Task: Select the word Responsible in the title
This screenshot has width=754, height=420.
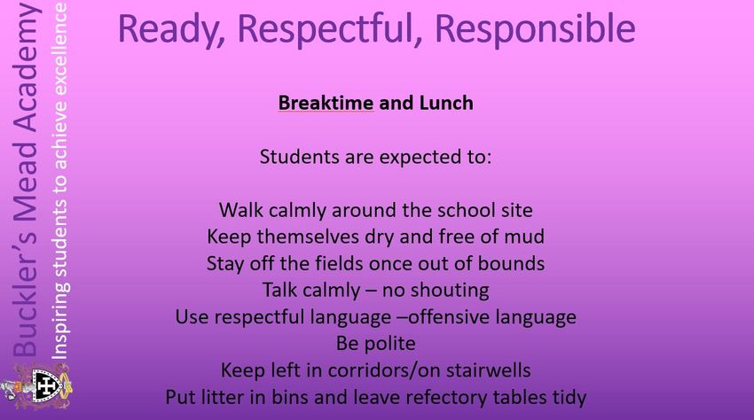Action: [x=535, y=30]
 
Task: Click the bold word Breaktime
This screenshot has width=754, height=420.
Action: [x=326, y=103]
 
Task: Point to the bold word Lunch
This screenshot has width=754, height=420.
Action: [x=446, y=103]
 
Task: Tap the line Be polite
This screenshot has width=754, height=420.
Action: [x=375, y=344]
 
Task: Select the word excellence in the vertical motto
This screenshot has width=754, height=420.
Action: [x=59, y=49]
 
